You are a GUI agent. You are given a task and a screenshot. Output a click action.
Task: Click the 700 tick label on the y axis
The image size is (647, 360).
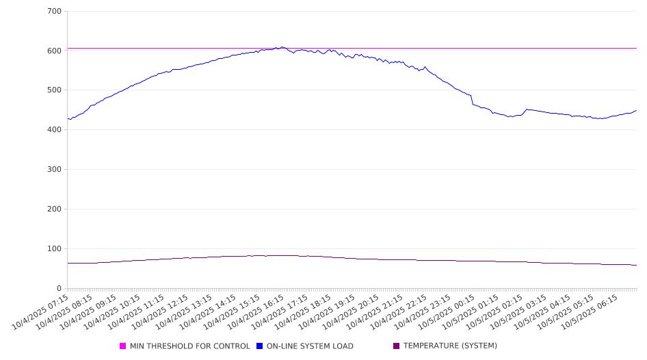pos(54,12)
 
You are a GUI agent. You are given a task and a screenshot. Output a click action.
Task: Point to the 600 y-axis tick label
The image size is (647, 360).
pos(54,51)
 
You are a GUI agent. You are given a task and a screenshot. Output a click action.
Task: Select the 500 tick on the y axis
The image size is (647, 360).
pos(54,90)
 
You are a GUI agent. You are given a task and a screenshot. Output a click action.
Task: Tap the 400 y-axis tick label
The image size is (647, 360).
pos(54,130)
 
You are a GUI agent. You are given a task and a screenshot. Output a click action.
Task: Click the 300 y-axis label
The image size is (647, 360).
pos(54,170)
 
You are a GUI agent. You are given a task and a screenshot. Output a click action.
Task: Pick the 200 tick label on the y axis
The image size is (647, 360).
pos(54,209)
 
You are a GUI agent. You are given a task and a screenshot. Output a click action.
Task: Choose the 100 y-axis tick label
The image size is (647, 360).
pos(54,249)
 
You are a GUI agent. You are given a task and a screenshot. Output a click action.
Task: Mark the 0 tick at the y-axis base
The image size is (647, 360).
pos(59,289)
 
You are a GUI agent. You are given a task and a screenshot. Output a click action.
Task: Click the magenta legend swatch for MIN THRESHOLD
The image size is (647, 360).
pos(123,346)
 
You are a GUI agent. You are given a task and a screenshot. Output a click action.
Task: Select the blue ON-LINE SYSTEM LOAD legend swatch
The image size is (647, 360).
pos(260,346)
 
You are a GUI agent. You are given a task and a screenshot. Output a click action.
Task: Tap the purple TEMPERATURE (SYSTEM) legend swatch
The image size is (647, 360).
pos(397,346)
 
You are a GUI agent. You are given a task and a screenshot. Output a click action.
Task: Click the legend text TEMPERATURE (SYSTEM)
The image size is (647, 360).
pos(450,346)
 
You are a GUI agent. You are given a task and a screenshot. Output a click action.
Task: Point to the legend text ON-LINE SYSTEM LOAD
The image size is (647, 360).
pos(310,346)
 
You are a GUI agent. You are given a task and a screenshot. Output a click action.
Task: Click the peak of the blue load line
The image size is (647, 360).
pos(282,47)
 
